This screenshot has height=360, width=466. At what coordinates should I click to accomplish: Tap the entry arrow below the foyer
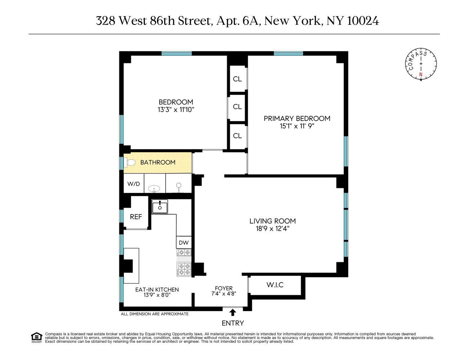[x=233, y=312]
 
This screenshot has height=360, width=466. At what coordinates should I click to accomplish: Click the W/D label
[x=134, y=184]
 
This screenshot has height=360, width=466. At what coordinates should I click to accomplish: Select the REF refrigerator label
[x=136, y=217]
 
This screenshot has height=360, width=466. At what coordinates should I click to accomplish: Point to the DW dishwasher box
[x=184, y=243]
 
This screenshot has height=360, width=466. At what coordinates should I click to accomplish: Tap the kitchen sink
[x=160, y=207]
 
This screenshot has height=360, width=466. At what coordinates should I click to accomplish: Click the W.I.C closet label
[x=275, y=285]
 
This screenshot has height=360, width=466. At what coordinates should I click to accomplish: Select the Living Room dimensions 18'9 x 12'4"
[x=273, y=228]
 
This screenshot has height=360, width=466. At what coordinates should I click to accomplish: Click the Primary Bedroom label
[x=297, y=118]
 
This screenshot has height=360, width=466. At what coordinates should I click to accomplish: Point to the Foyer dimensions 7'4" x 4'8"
[x=224, y=293]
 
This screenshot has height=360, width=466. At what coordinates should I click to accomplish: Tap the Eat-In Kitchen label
[x=157, y=289]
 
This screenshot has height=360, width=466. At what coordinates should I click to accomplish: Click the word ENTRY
[x=233, y=323]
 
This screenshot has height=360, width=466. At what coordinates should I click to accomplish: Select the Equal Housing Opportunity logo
[x=36, y=337]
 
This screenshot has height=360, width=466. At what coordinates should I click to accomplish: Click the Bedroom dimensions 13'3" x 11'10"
[x=176, y=110]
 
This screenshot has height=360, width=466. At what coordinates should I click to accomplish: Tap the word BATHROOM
[x=158, y=162]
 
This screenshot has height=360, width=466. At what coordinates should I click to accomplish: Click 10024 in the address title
[x=363, y=21]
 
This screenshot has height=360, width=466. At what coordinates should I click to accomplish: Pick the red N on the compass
[x=420, y=75]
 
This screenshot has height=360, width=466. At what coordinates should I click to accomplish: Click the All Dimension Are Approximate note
[x=154, y=314]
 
